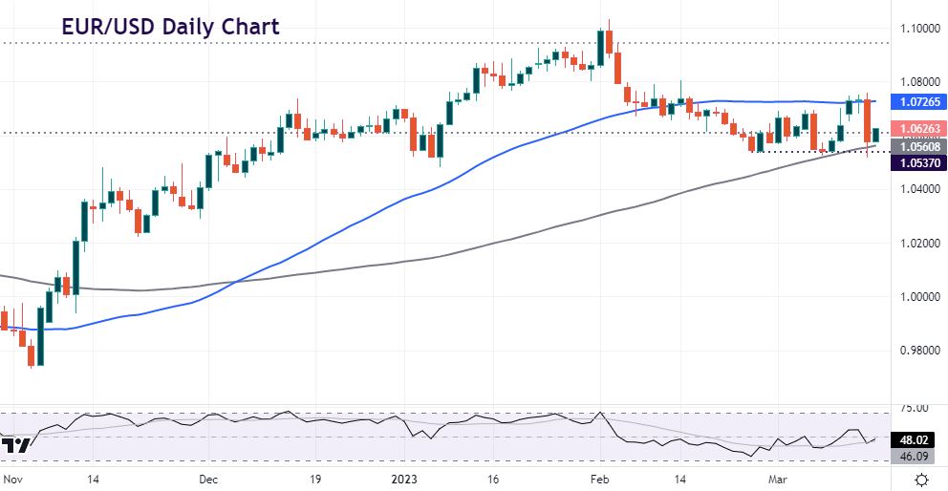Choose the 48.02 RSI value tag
click(917, 441)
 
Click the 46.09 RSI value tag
click(917, 458)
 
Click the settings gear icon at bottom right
click(921, 479)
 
